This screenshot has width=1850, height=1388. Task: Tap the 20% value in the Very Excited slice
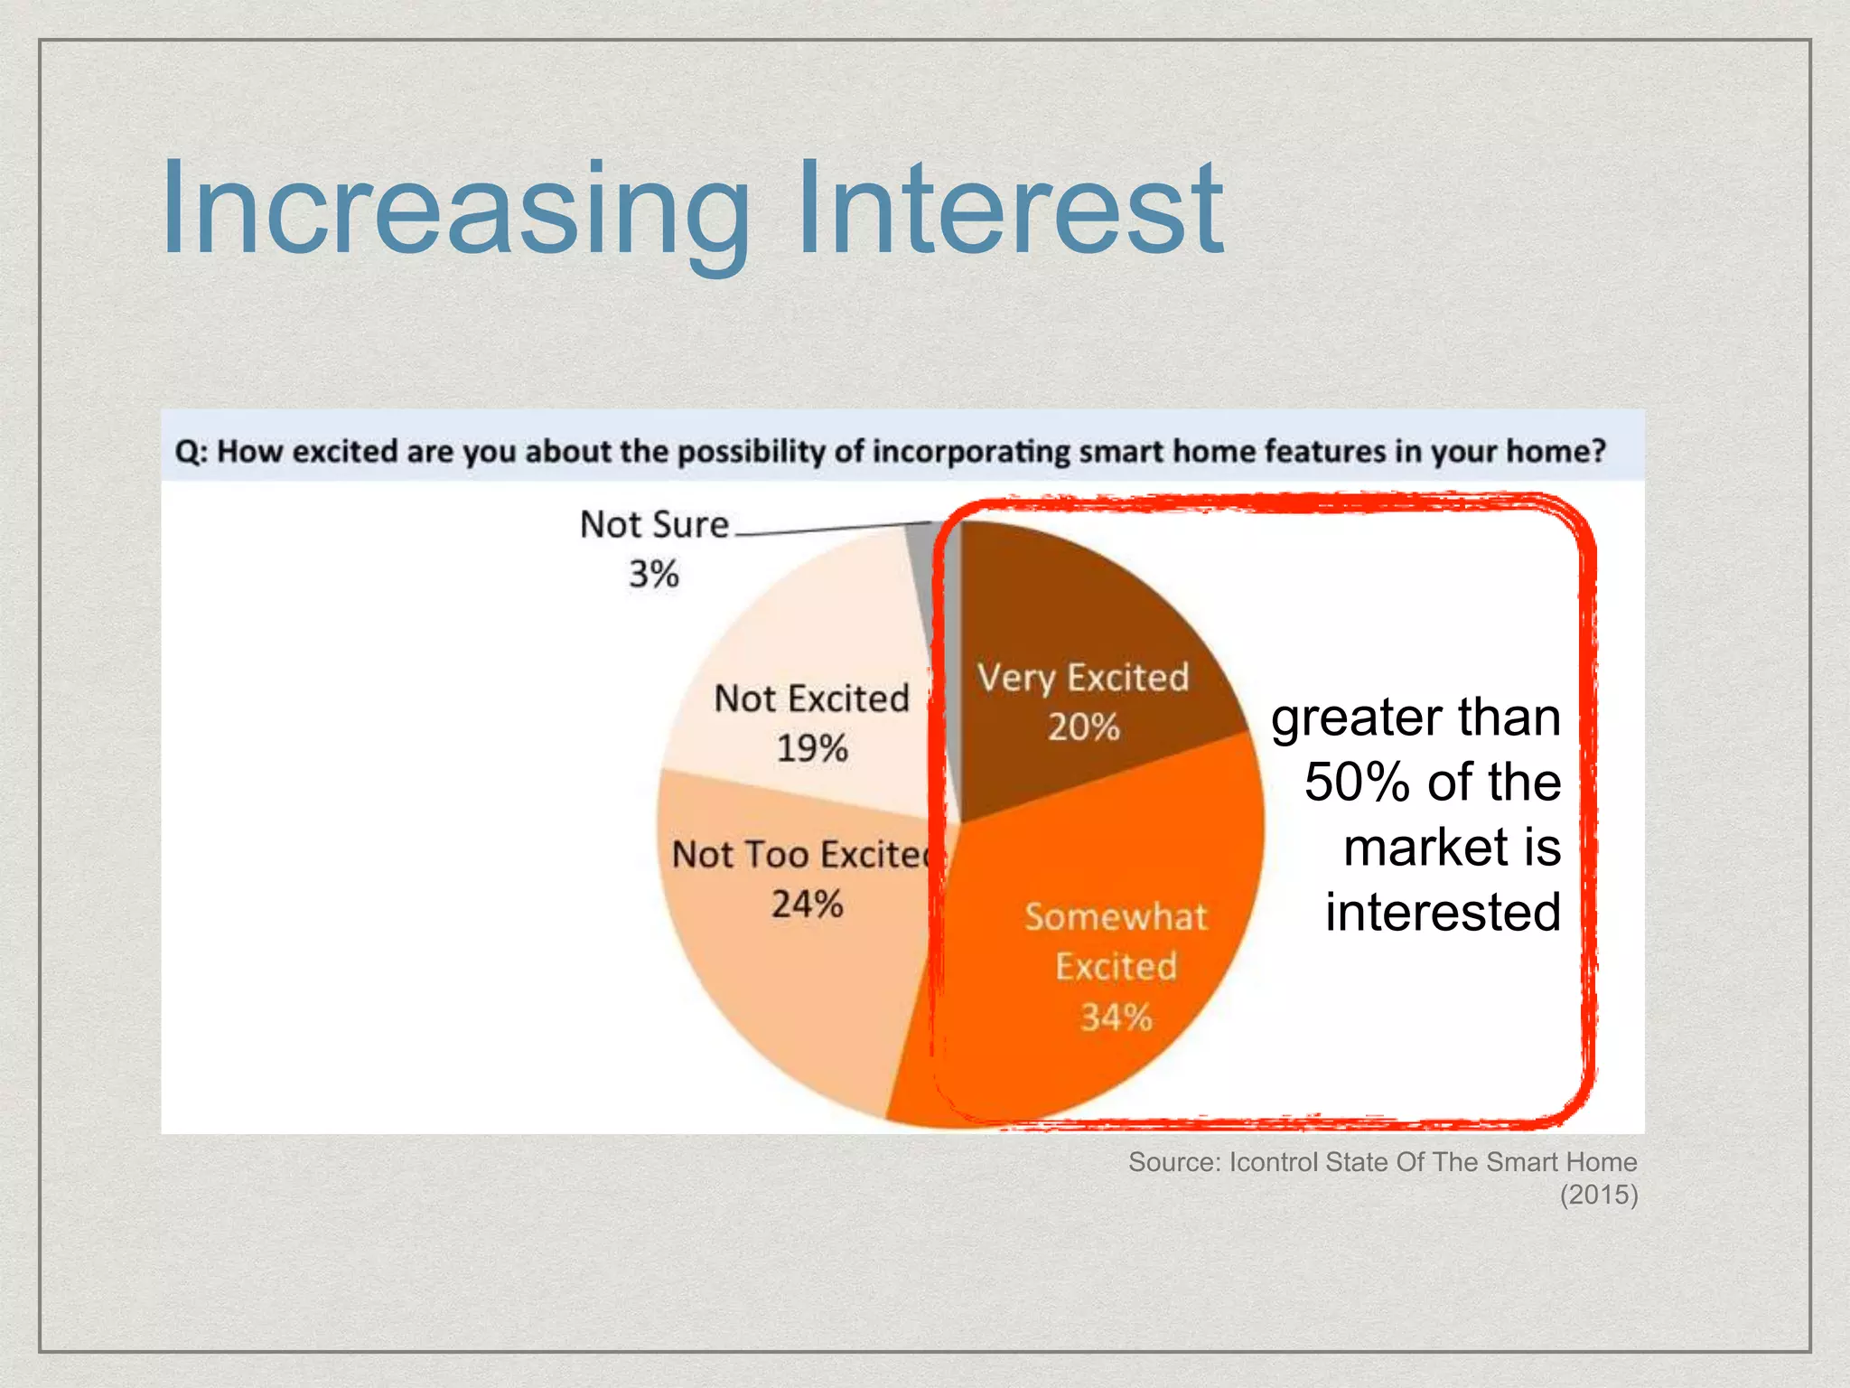pyautogui.click(x=1083, y=727)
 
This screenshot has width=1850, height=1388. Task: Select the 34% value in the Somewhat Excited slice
pyautogui.click(x=1116, y=1018)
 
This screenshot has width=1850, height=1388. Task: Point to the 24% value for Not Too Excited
pyautogui.click(x=807, y=904)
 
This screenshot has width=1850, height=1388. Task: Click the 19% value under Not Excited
pyautogui.click(x=812, y=748)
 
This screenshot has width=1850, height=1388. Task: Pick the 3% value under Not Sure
pyautogui.click(x=654, y=574)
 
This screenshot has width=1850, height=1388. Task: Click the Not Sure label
pyautogui.click(x=654, y=525)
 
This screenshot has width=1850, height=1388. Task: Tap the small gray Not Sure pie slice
pyautogui.click(x=922, y=560)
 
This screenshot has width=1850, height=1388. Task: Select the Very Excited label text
pyautogui.click(x=1083, y=678)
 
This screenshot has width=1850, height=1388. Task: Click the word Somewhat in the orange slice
pyautogui.click(x=1116, y=917)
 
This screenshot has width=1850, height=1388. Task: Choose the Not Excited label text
pyautogui.click(x=811, y=699)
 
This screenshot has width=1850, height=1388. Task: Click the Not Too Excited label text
pyautogui.click(x=799, y=855)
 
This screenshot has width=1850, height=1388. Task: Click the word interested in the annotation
pyautogui.click(x=1443, y=912)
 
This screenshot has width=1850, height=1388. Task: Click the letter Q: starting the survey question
pyautogui.click(x=191, y=451)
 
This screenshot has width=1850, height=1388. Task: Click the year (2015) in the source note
pyautogui.click(x=1598, y=1195)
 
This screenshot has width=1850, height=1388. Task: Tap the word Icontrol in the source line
pyautogui.click(x=1274, y=1162)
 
